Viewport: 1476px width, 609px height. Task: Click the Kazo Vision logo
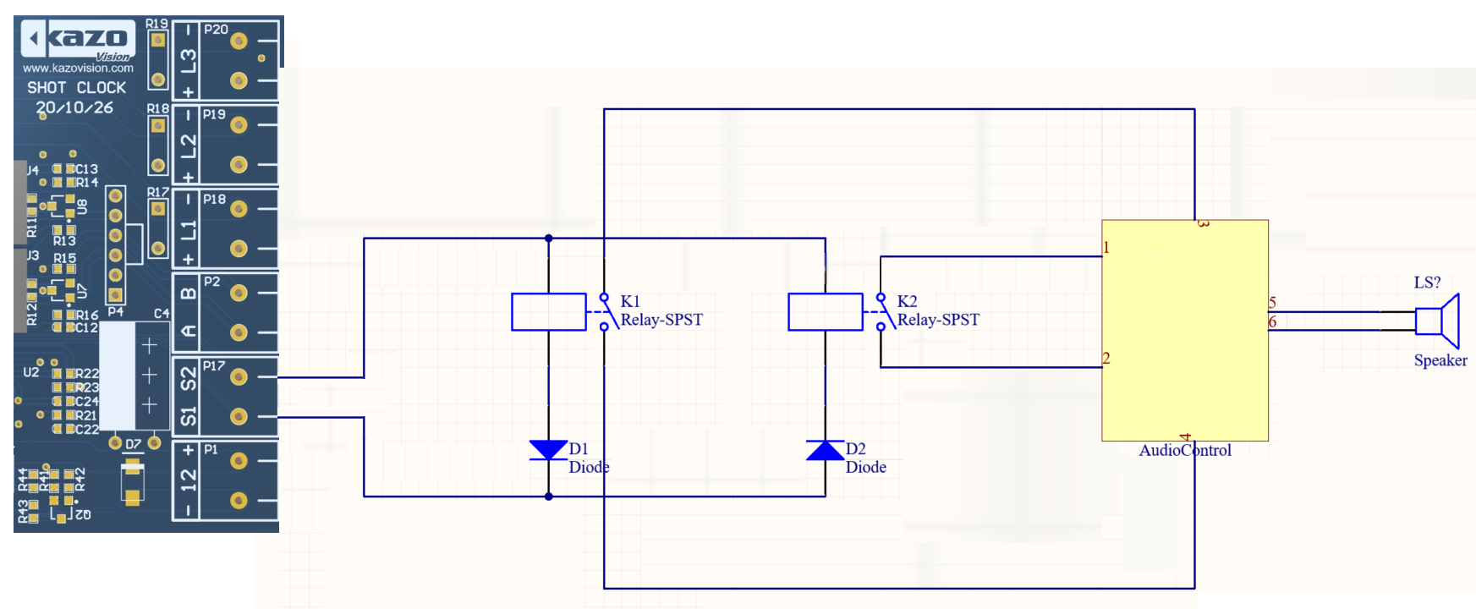(x=78, y=40)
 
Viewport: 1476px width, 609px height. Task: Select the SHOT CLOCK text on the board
(x=76, y=88)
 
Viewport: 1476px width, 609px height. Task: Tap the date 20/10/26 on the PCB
(x=74, y=108)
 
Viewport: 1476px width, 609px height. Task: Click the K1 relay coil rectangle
(x=549, y=312)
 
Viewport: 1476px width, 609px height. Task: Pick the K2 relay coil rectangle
(x=826, y=312)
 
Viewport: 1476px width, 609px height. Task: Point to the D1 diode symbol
(x=548, y=450)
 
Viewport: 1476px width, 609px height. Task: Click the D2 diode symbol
(x=825, y=450)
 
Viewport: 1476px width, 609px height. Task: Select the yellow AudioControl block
(x=1184, y=330)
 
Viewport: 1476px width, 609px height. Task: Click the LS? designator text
(x=1427, y=283)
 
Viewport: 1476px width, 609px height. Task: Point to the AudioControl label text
(x=1184, y=451)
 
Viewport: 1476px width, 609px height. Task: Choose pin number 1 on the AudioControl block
(x=1106, y=248)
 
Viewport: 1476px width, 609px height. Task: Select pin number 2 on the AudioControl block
(x=1106, y=359)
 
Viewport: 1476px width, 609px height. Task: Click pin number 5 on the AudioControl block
(x=1272, y=303)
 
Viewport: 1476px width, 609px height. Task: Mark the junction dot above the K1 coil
(x=548, y=239)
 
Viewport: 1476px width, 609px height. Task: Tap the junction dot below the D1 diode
(x=548, y=497)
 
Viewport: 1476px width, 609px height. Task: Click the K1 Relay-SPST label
(x=661, y=320)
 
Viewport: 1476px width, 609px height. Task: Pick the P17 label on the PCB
(x=214, y=366)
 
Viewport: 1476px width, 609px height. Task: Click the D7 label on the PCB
(x=134, y=444)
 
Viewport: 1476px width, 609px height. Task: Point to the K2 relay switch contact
(x=881, y=312)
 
